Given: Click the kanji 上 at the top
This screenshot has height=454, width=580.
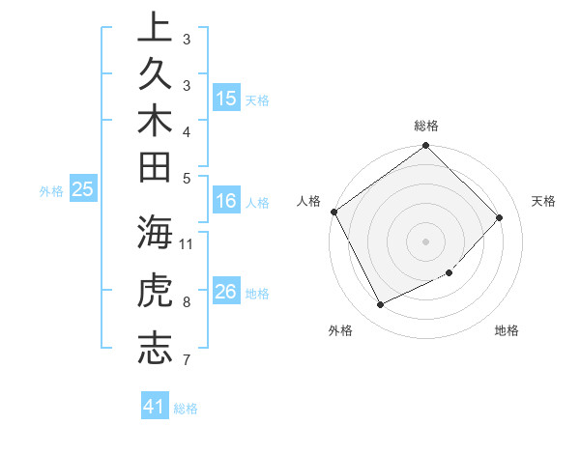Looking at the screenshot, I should [x=156, y=27].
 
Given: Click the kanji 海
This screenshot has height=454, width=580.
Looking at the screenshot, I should [x=156, y=233].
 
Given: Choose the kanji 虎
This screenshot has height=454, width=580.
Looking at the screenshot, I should [x=156, y=291].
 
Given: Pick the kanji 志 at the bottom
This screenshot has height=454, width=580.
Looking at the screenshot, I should [x=156, y=349].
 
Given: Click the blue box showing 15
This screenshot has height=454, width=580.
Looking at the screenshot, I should [x=226, y=98].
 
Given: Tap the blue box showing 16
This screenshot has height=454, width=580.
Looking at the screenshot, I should [x=226, y=201].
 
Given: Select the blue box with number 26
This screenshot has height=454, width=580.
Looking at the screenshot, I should [x=226, y=291].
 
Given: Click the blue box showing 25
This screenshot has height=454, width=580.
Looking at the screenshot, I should [x=83, y=189].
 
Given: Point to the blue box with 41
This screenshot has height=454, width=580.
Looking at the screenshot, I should [x=156, y=407].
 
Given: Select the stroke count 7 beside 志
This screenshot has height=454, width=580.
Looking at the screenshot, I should [x=187, y=360].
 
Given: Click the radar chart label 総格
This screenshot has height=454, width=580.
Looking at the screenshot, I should [x=426, y=126].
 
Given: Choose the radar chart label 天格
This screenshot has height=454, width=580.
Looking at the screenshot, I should [x=543, y=201].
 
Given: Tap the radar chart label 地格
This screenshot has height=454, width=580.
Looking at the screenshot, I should [x=507, y=330].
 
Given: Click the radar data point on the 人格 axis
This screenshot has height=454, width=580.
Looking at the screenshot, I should [x=333, y=212].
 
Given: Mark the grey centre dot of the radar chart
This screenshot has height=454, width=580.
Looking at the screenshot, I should [x=426, y=241].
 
